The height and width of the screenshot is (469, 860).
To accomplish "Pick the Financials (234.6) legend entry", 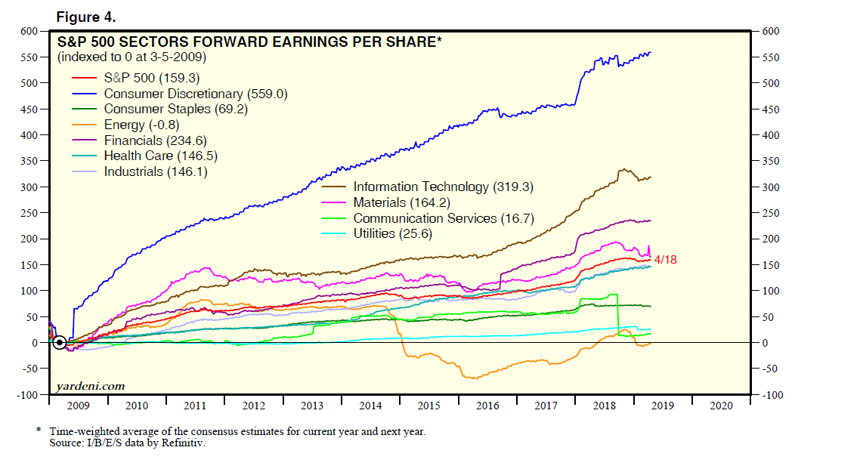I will tap(155, 140).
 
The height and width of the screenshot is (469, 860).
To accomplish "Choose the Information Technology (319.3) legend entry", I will tap(433, 187).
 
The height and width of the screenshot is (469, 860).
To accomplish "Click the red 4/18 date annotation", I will tap(666, 260).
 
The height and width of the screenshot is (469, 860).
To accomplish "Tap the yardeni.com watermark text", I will tap(91, 386).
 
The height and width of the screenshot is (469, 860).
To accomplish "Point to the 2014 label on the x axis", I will tap(370, 406).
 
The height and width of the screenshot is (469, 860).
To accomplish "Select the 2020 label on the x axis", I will tap(721, 406).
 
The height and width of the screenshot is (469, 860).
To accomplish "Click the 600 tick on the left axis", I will tap(29, 31).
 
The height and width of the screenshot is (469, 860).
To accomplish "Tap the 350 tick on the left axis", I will tap(29, 161).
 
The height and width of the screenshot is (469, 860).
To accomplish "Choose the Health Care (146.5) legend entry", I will tap(154, 156).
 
